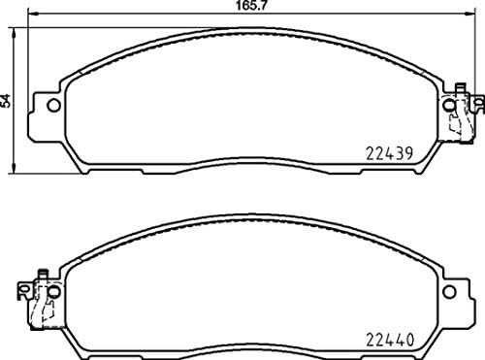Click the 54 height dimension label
[x=8, y=99]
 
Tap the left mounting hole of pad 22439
[x=53, y=106]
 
